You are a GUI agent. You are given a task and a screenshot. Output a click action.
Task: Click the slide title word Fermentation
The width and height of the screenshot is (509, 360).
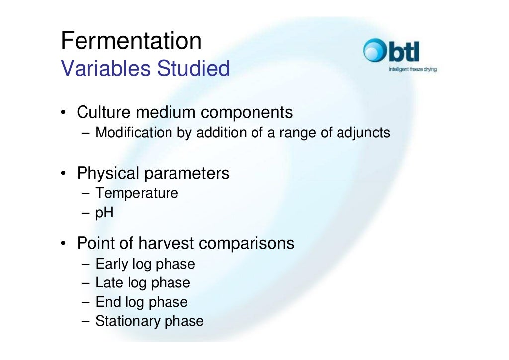click(131, 41)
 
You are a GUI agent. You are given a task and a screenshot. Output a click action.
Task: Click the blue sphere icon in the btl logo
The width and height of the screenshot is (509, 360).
click(374, 51)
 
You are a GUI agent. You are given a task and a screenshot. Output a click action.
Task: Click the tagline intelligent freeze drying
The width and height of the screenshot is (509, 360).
click(412, 70)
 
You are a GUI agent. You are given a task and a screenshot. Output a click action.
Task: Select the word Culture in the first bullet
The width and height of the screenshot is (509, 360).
click(103, 113)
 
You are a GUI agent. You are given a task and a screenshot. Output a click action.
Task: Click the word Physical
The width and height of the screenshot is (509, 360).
click(108, 173)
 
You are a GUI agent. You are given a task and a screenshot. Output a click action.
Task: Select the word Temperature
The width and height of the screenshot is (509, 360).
click(137, 193)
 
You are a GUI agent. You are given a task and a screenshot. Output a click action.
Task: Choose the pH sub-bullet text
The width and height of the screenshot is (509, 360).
click(104, 213)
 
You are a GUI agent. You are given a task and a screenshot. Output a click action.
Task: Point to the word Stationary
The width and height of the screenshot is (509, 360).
click(127, 321)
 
